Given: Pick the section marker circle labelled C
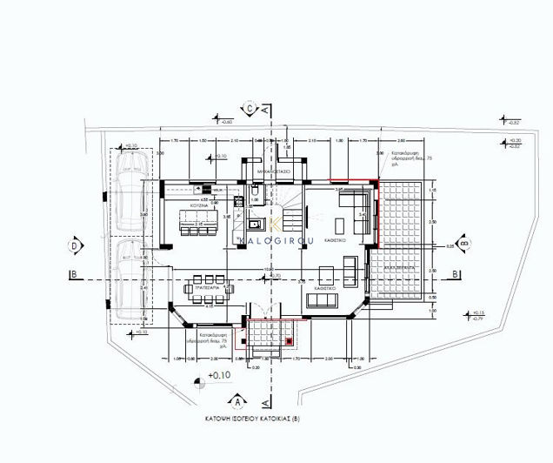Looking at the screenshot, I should (250, 108).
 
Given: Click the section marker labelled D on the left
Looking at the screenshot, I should (77, 246).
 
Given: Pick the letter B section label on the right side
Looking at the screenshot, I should (454, 274).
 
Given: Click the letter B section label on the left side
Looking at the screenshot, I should (76, 274).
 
